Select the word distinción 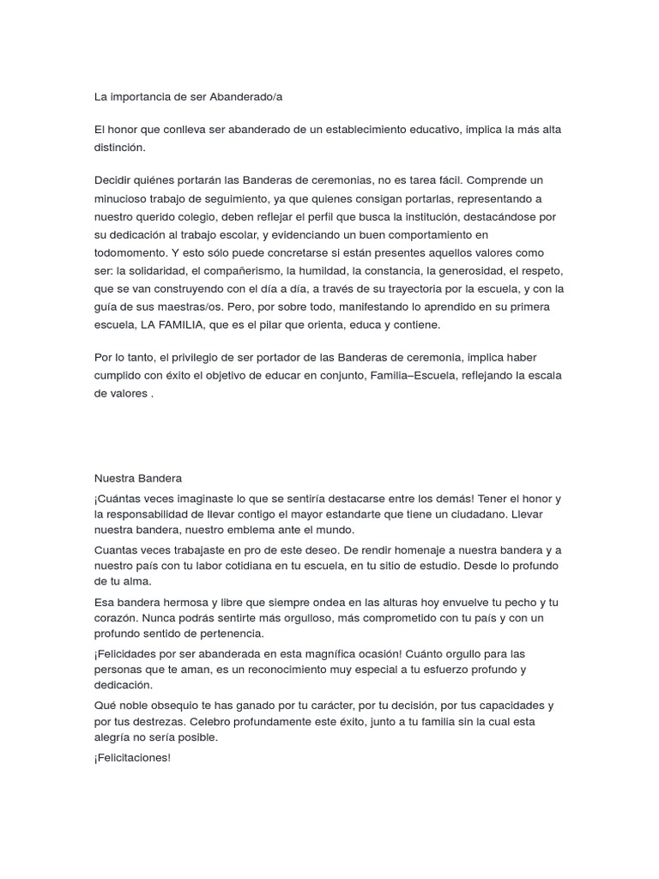(x=120, y=148)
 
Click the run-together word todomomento (x=131, y=252)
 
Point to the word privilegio (x=198, y=357)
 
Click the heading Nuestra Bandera (x=138, y=478)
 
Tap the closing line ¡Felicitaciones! (x=133, y=758)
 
